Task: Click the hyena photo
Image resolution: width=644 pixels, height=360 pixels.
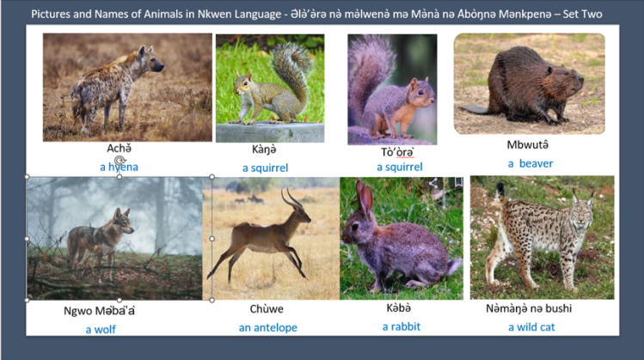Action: click(x=127, y=87)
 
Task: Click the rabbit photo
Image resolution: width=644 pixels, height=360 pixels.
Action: click(x=401, y=238)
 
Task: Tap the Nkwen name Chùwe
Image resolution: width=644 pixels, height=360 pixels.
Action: click(x=266, y=309)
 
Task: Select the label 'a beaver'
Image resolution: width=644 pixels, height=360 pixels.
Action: click(x=530, y=163)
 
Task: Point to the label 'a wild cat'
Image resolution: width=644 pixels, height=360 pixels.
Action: click(x=531, y=327)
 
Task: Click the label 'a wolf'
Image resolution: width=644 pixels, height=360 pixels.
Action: click(x=100, y=329)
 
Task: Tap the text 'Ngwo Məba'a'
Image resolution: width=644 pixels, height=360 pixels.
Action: click(x=100, y=310)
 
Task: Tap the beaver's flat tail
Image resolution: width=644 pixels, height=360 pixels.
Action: click(x=473, y=109)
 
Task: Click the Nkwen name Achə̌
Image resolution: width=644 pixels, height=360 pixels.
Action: click(x=119, y=149)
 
